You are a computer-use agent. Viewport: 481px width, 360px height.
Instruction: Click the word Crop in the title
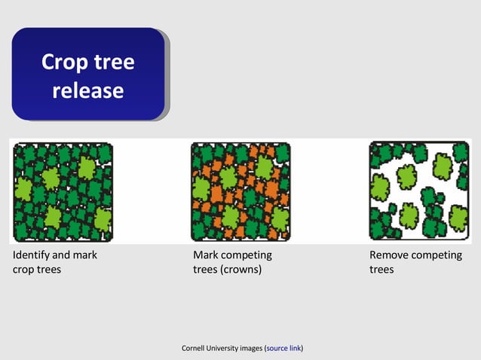pos(63,61)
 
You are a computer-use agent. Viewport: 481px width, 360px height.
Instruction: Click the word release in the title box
pos(87,90)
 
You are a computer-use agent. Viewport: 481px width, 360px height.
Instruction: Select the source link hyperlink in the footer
pos(284,348)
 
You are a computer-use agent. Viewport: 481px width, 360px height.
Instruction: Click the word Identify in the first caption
pos(35,255)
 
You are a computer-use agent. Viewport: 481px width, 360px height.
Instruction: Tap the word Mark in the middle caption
pos(206,255)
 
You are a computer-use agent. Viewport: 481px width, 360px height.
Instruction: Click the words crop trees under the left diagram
pos(37,269)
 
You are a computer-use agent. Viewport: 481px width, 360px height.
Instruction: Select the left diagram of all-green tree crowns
pos(63,191)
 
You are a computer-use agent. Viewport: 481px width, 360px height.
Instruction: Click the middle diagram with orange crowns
pos(240,191)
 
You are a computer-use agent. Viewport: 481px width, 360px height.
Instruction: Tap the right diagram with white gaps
pos(418,191)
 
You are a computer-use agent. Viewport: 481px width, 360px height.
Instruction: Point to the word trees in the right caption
pos(381,269)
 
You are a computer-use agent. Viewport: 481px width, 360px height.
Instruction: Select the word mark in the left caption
pos(84,255)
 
